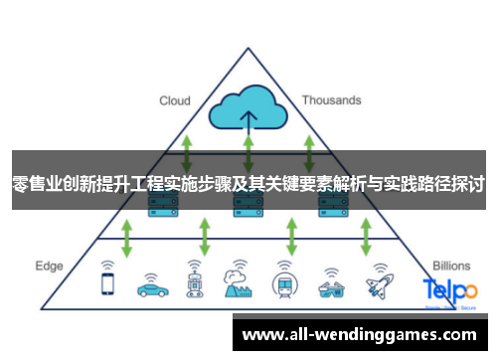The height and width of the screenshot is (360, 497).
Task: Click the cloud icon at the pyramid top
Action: tap(248, 110)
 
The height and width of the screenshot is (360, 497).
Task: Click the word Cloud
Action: tap(175, 100)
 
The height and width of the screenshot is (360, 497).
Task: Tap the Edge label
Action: tap(49, 266)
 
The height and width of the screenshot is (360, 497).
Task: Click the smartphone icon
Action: tap(107, 282)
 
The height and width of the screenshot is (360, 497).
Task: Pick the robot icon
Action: tap(194, 282)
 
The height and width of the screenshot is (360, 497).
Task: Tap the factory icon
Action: tap(237, 282)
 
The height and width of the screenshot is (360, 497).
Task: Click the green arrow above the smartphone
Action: tap(127, 239)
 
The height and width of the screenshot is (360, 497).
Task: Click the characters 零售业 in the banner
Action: tap(36, 185)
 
